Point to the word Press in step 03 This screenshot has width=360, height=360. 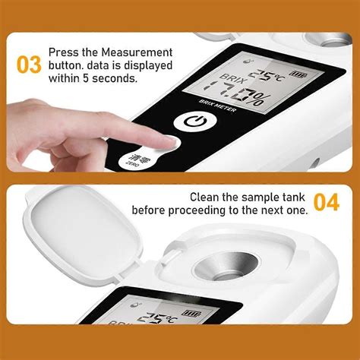63,52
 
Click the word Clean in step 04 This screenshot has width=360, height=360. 206,197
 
